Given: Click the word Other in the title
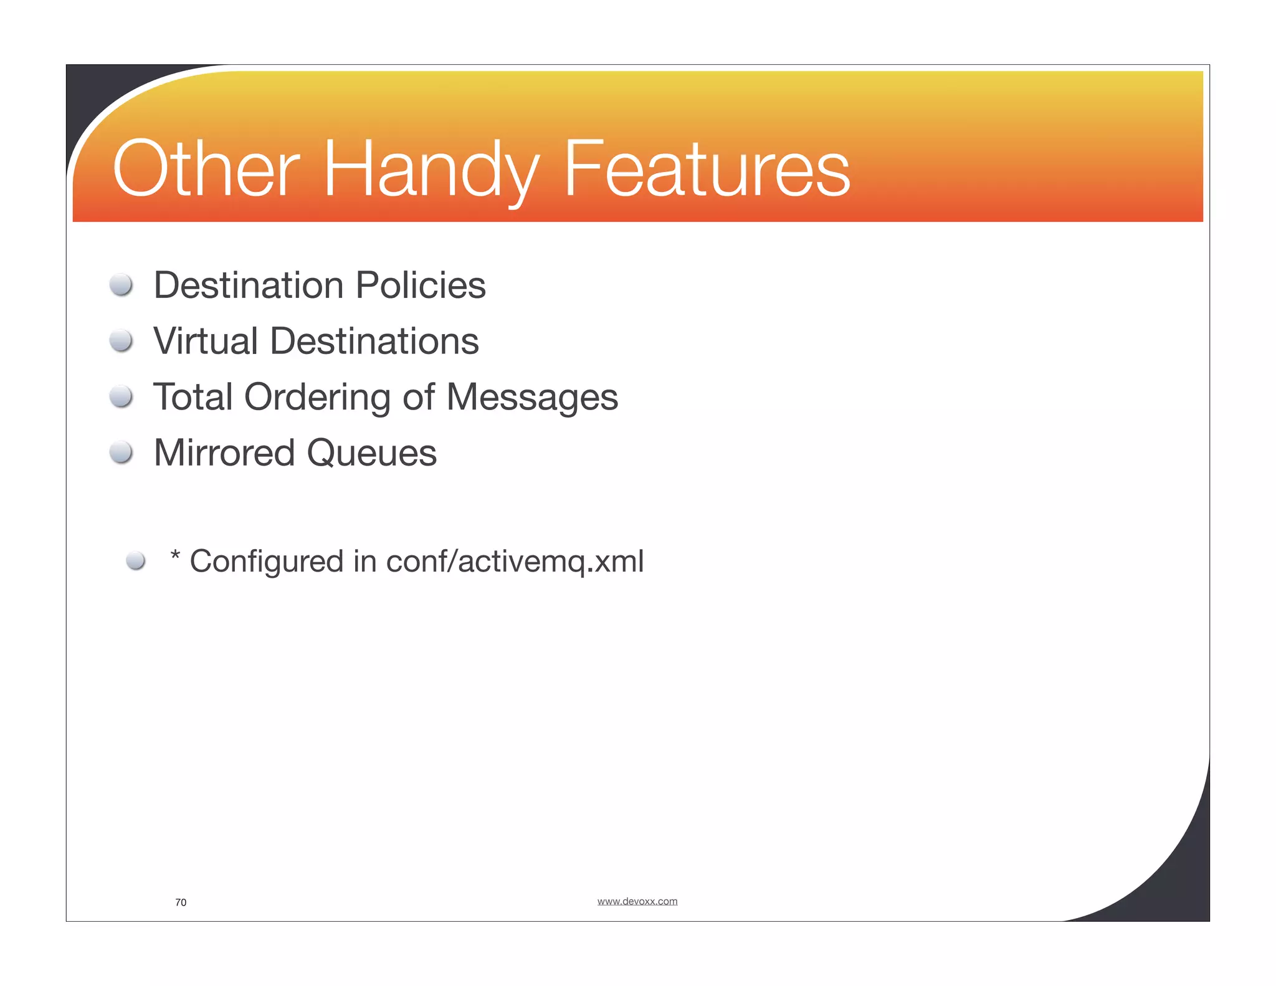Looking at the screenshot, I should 206,168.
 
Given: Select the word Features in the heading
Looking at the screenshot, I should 707,168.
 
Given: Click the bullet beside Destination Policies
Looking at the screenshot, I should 121,285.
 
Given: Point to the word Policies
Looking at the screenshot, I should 421,285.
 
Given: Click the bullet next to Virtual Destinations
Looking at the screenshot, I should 121,341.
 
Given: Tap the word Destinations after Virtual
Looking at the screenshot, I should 374,341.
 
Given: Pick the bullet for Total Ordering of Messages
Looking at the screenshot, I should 121,396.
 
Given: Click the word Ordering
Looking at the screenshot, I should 317,398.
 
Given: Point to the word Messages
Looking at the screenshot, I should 532,398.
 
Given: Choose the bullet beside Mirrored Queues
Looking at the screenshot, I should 121,452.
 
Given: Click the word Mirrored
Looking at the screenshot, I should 224,452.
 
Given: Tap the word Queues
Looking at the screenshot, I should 372,453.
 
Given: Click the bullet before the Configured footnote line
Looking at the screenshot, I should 136,560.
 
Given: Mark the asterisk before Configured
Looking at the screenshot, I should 175,555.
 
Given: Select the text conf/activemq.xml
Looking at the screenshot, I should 515,561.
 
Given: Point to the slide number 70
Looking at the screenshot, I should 181,902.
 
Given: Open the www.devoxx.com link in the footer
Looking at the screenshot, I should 637,901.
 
